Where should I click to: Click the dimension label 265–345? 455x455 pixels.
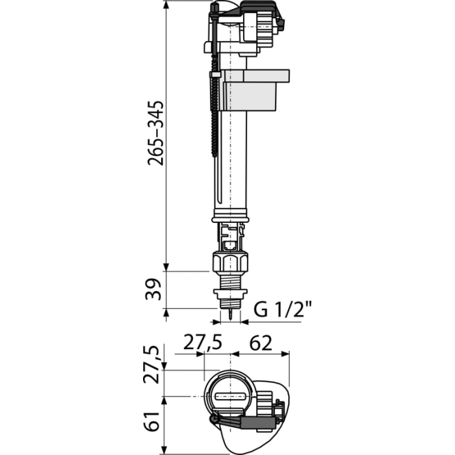155,133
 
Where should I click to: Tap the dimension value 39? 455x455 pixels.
153,289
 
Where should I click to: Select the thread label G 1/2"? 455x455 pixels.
283,309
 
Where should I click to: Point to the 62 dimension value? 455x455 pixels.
261,343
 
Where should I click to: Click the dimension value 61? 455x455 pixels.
151,421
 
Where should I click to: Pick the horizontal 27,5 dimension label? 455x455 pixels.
203,343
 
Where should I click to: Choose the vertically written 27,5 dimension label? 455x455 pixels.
151,365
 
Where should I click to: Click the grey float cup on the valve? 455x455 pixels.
252,90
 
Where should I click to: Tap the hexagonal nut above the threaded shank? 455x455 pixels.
230,263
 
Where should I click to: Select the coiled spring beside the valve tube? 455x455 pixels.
214,113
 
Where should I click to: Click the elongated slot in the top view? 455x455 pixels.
231,396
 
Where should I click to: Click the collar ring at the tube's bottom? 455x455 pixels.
230,216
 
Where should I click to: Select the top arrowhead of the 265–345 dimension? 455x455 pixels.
166,5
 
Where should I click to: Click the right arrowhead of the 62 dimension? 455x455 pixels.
285,354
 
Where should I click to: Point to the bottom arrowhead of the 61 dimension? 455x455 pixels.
164,449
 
